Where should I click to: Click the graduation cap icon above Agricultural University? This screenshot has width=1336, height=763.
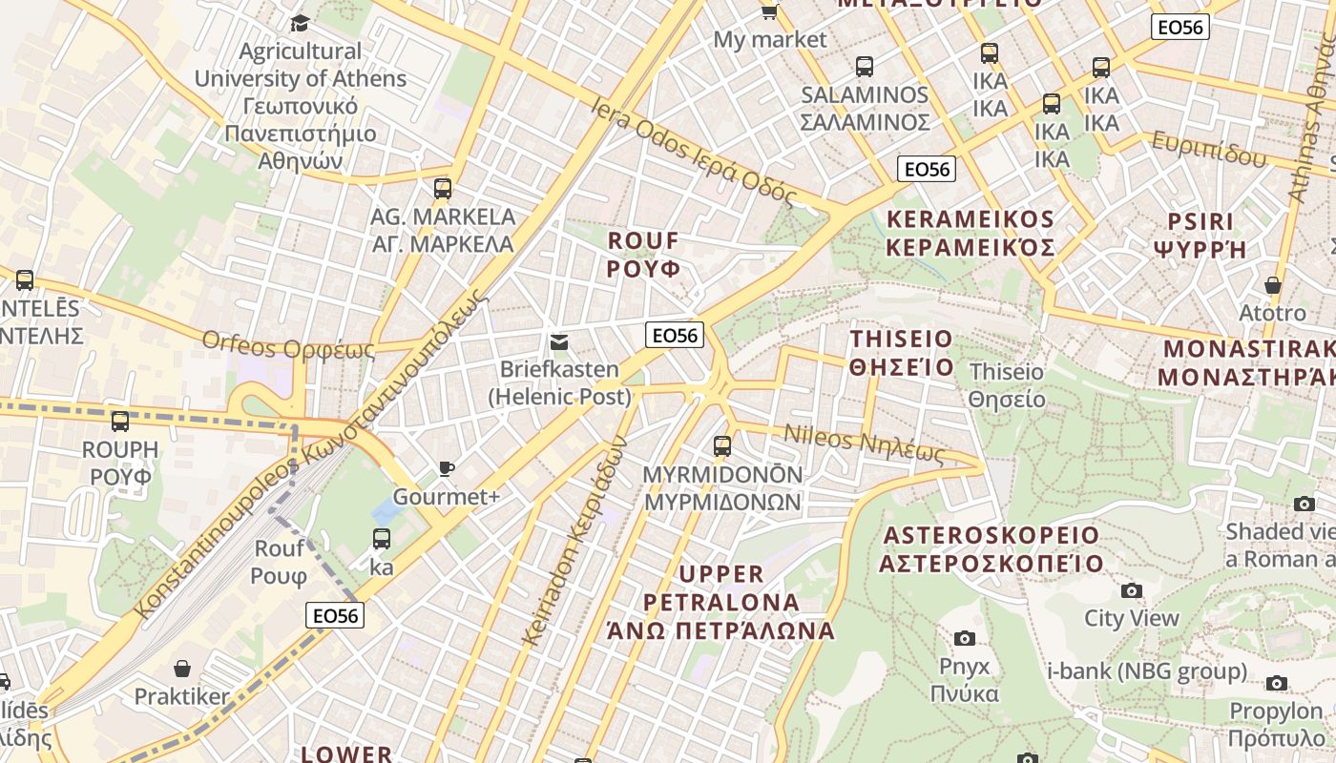[301, 23]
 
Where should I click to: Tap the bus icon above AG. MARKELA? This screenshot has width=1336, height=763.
[442, 188]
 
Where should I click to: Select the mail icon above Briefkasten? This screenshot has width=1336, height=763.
[559, 341]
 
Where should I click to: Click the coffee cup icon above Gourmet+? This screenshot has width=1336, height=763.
[446, 468]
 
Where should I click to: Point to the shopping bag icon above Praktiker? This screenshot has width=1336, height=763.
[182, 669]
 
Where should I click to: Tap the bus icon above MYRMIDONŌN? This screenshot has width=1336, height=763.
[722, 445]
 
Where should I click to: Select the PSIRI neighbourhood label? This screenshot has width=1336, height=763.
[1200, 236]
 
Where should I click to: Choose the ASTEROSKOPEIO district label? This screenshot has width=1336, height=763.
[991, 549]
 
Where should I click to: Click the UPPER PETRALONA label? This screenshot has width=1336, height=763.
[721, 602]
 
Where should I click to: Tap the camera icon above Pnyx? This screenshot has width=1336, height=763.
[965, 638]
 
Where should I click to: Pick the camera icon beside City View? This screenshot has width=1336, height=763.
[1132, 590]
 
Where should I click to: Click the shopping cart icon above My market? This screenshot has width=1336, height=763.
[769, 11]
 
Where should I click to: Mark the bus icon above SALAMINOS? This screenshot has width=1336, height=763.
[865, 67]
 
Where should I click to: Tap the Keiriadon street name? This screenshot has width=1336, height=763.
[574, 540]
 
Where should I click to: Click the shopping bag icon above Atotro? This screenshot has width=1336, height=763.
[1272, 285]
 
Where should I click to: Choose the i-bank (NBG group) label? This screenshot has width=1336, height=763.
[1147, 671]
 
